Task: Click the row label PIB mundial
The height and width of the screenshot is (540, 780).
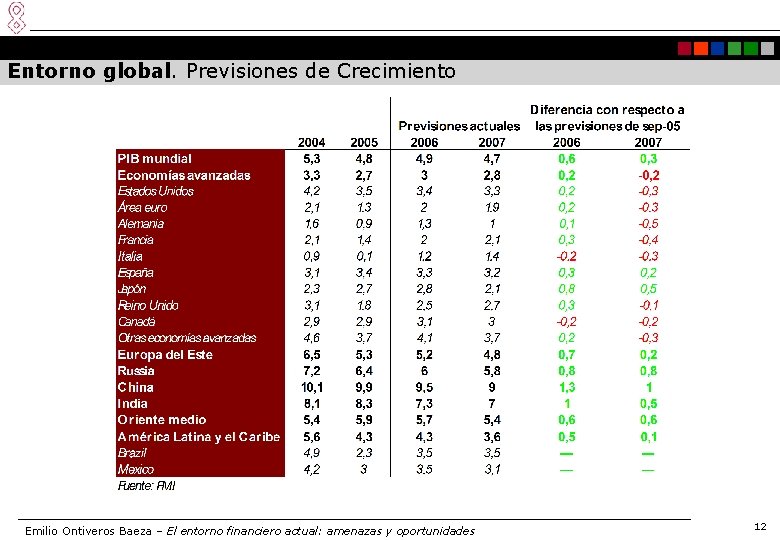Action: tap(155, 158)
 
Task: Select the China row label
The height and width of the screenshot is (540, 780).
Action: tap(136, 387)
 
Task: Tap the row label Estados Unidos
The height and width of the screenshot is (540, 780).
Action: tap(156, 191)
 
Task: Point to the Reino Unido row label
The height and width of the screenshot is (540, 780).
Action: tap(148, 305)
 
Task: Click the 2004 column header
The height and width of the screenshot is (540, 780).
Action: tap(311, 142)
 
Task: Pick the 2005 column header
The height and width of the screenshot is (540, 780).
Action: tap(363, 142)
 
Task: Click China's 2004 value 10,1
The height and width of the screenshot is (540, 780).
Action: tap(311, 387)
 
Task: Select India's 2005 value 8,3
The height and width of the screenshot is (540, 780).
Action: tap(364, 403)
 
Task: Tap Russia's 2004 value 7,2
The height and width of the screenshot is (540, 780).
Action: tap(311, 371)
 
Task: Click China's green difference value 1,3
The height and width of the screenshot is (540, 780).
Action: tap(567, 387)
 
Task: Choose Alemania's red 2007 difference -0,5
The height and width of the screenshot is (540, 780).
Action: tap(648, 224)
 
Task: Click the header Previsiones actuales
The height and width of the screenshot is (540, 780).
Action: tap(459, 126)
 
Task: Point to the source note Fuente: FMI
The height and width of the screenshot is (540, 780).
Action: tap(148, 486)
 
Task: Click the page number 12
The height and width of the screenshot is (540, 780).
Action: tap(760, 526)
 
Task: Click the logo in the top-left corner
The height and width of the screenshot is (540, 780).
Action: tap(15, 17)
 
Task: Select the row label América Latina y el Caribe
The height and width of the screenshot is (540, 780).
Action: tap(199, 436)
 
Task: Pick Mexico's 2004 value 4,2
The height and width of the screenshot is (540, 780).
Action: tap(311, 469)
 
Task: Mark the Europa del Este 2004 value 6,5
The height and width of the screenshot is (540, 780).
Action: tap(311, 355)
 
